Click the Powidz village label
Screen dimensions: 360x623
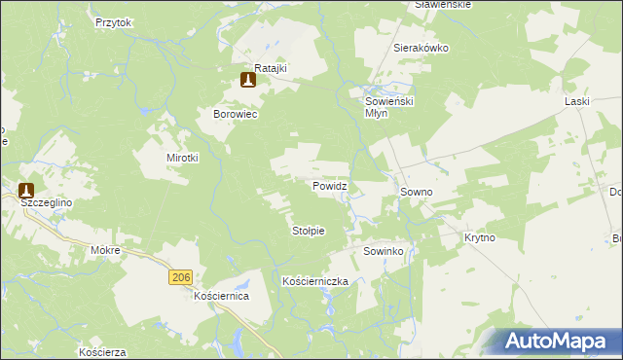(330, 185)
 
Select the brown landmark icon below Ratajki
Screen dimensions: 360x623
(248, 80)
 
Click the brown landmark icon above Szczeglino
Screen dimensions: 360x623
(26, 191)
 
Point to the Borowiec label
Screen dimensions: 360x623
(235, 114)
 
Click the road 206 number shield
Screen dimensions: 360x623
(179, 277)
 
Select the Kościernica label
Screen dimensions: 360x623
(222, 295)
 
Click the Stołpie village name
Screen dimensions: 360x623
(308, 231)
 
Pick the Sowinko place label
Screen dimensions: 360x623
(384, 251)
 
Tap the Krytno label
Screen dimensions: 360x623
(480, 237)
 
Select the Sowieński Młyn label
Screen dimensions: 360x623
(389, 106)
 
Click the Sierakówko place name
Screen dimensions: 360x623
(419, 47)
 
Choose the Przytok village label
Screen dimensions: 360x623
(113, 21)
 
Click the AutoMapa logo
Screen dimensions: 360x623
(560, 341)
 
